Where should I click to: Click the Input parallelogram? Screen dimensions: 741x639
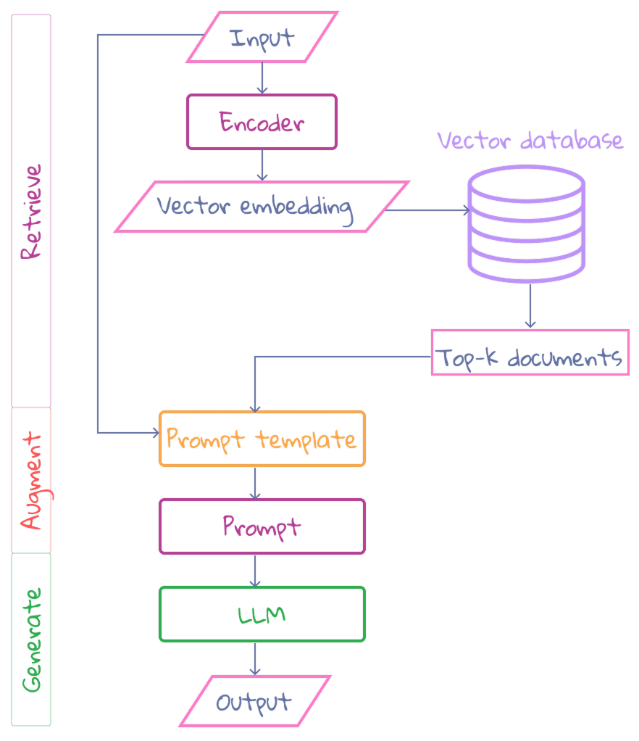pyautogui.click(x=262, y=37)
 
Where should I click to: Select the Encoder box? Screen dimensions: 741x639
pyautogui.click(x=262, y=122)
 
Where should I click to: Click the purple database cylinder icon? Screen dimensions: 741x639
pyautogui.click(x=526, y=224)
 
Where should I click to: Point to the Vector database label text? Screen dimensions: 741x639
pyautogui.click(x=530, y=140)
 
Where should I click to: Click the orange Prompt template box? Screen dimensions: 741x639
pyautogui.click(x=262, y=439)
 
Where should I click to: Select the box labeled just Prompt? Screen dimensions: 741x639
pyautogui.click(x=262, y=526)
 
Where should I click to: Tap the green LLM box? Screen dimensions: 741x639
pyautogui.click(x=262, y=614)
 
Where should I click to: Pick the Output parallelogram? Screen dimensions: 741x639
pyautogui.click(x=254, y=701)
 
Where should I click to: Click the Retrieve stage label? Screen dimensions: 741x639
pyautogui.click(x=31, y=211)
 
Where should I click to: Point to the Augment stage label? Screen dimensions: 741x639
pyautogui.click(x=31, y=480)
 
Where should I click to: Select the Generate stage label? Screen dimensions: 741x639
pyautogui.click(x=31, y=639)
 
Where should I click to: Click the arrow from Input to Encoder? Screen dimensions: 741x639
pyautogui.click(x=262, y=78)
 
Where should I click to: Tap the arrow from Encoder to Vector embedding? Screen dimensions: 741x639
pyautogui.click(x=262, y=165)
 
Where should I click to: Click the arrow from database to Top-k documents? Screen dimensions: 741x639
pyautogui.click(x=530, y=305)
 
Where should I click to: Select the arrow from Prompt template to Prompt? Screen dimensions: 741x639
pyautogui.click(x=254, y=482)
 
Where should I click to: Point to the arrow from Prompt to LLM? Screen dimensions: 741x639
pyautogui.click(x=254, y=571)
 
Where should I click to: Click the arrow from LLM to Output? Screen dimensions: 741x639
pyautogui.click(x=254, y=659)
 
